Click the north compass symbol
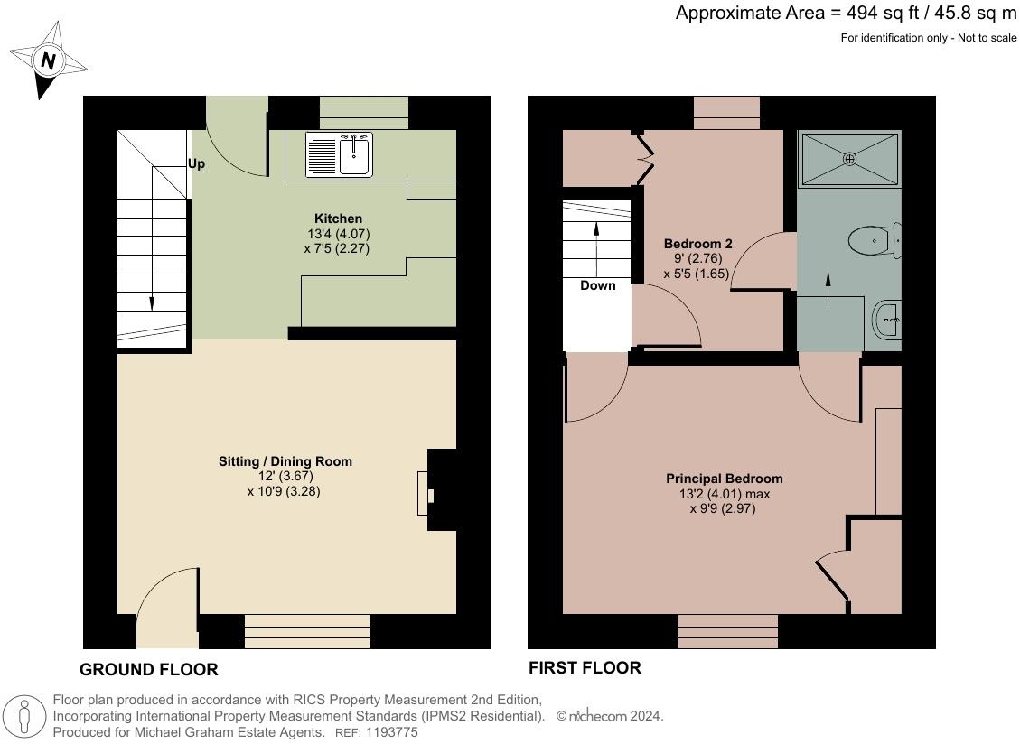(47, 61)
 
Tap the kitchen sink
(339, 154)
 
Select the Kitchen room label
(338, 219)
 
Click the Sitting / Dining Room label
(285, 461)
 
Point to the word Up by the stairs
(196, 164)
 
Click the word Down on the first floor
(598, 285)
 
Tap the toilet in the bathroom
(875, 240)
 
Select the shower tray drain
(849, 159)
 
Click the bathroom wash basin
(886, 320)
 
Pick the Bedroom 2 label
(698, 244)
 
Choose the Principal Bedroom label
(724, 479)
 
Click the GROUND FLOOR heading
(149, 670)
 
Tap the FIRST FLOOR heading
(585, 668)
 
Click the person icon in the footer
(24, 717)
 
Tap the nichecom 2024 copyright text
(610, 716)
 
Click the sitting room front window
(307, 631)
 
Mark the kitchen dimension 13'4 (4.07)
(339, 234)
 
